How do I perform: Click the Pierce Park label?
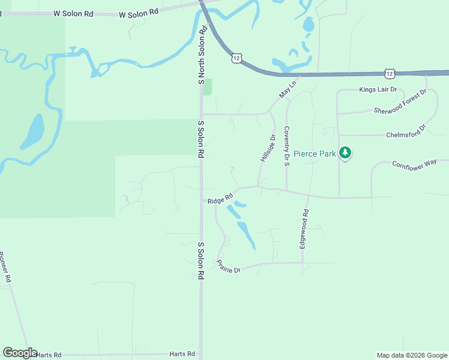pyautogui.click(x=319, y=154)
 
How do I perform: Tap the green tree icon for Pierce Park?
pyautogui.click(x=345, y=153)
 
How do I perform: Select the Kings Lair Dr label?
pyautogui.click(x=378, y=90)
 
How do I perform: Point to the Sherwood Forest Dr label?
pyautogui.click(x=400, y=102)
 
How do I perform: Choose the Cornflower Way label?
pyautogui.click(x=414, y=164)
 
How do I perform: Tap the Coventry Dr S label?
pyautogui.click(x=287, y=142)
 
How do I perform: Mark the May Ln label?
pyautogui.click(x=288, y=88)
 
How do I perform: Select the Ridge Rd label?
pyautogui.click(x=220, y=199)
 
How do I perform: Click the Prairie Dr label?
pyautogui.click(x=229, y=267)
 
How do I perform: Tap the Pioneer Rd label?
pyautogui.click(x=5, y=268)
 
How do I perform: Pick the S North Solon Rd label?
pyautogui.click(x=202, y=55)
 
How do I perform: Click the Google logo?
pyautogui.click(x=20, y=353)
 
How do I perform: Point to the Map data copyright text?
pyautogui.click(x=412, y=355)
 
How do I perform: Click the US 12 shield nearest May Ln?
pyautogui.click(x=237, y=58)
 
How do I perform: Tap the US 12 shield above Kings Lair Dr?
pyautogui.click(x=390, y=73)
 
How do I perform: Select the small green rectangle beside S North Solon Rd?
pyautogui.click(x=208, y=87)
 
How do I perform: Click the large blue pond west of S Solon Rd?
pyautogui.click(x=33, y=131)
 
